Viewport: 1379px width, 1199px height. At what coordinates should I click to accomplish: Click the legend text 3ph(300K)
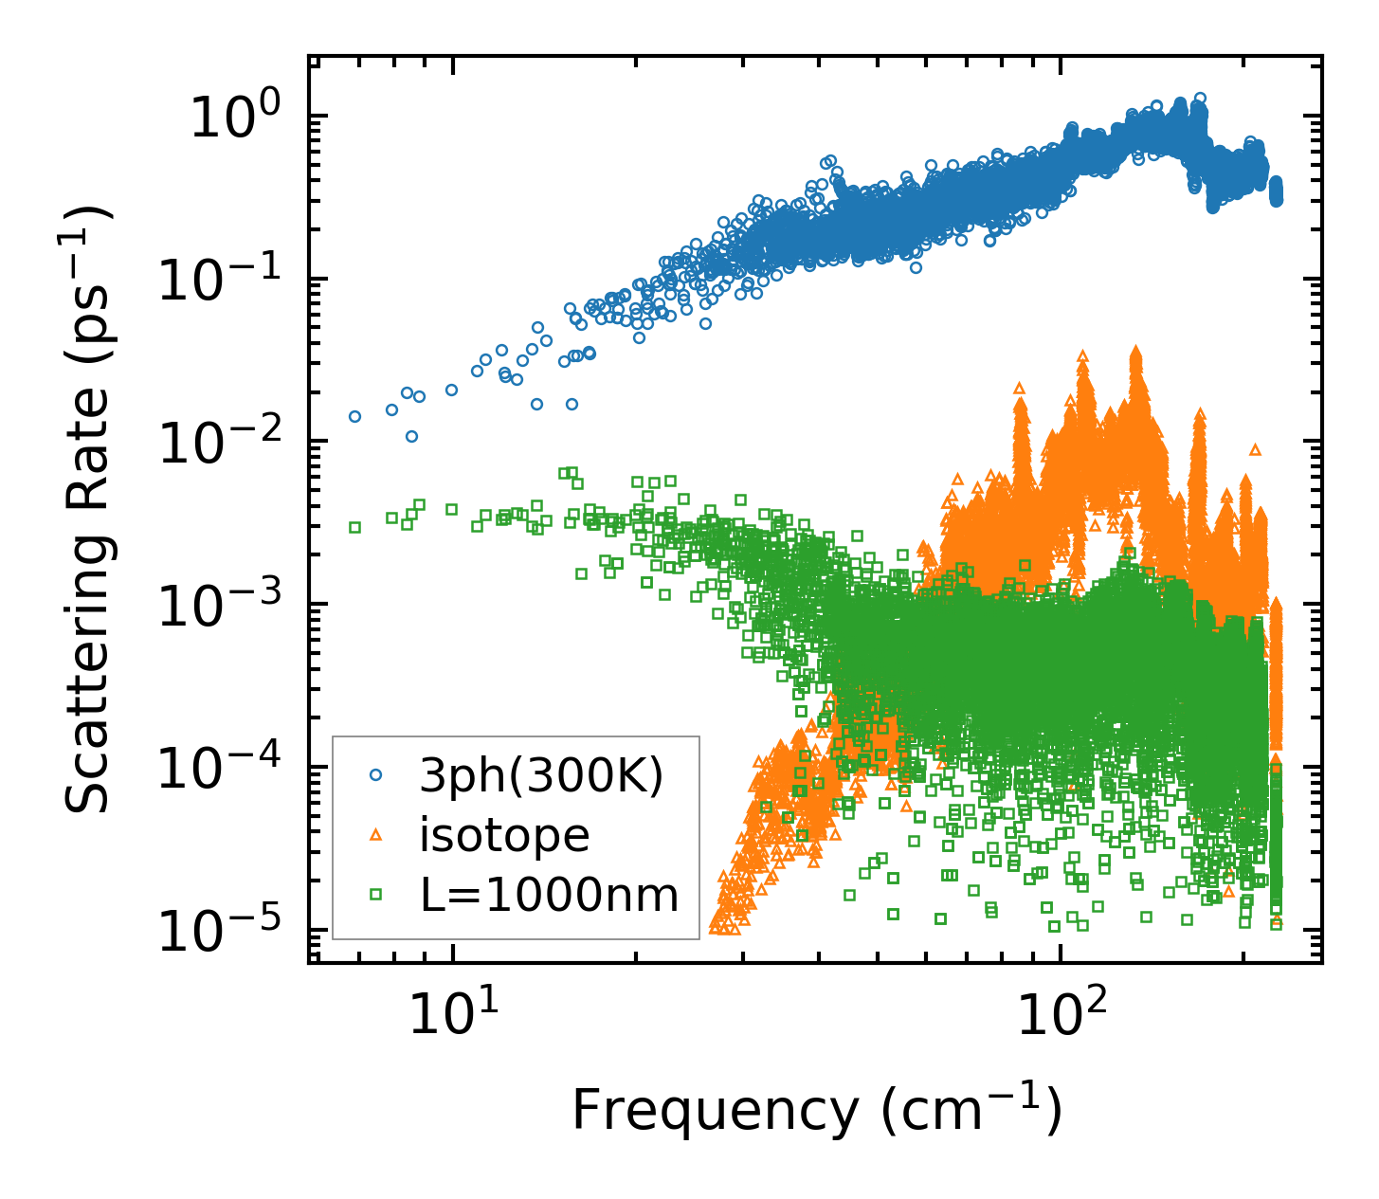541,776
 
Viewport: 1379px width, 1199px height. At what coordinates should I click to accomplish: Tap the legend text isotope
504,835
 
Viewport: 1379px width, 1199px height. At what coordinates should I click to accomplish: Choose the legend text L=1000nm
549,894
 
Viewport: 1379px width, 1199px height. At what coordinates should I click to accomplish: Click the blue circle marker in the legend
375,775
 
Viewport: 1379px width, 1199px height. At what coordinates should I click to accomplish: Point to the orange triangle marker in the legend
375,834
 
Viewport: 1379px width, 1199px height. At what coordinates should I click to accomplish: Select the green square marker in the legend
375,894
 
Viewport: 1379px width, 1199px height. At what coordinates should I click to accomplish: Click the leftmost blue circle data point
354,416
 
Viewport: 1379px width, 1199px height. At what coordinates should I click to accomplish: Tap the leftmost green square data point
354,527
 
